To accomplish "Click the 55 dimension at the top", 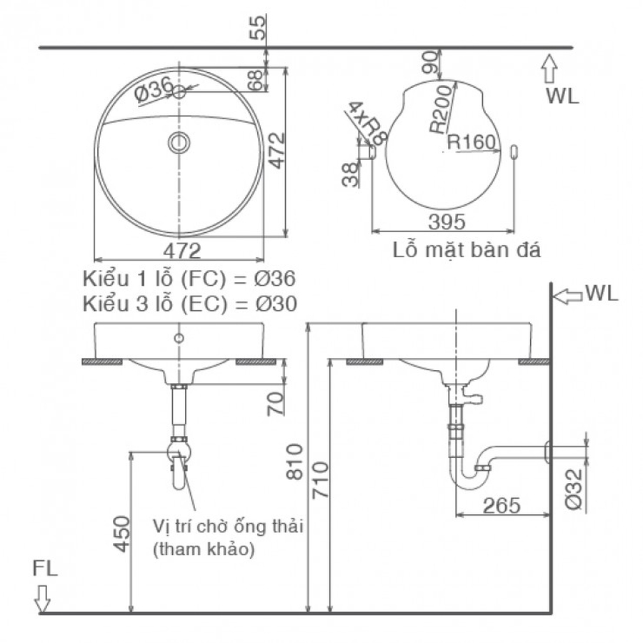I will click(x=261, y=26).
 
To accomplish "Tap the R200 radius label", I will click(x=442, y=108).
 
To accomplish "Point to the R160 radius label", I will click(x=472, y=143).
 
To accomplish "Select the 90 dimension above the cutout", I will click(x=429, y=63).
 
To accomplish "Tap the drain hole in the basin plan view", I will click(x=179, y=142).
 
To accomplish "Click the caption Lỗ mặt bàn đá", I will click(x=467, y=251).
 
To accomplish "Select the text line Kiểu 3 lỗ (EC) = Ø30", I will click(x=189, y=303).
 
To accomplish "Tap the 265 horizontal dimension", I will click(x=502, y=505).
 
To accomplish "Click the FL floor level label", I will click(x=44, y=569).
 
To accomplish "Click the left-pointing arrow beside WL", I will click(x=568, y=294).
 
